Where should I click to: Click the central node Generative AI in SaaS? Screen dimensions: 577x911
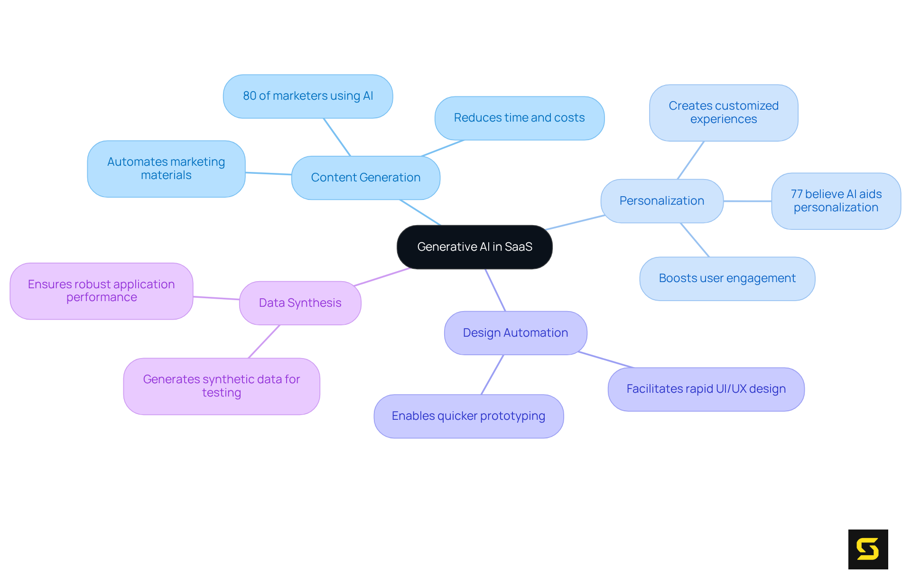[474, 247]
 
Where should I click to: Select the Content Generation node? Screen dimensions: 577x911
[365, 178]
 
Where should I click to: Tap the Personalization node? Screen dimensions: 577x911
[661, 201]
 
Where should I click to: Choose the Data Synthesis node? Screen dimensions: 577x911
[300, 303]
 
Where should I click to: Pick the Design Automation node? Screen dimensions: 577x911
[515, 333]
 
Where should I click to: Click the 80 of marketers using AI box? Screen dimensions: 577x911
[308, 96]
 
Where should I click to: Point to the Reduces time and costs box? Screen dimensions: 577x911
[519, 118]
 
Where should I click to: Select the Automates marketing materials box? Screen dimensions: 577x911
[166, 169]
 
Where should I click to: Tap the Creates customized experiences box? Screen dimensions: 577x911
[723, 113]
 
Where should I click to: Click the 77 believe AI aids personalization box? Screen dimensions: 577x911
[836, 201]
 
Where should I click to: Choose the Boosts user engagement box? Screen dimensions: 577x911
[727, 278]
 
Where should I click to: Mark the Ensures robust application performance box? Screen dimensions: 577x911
[101, 291]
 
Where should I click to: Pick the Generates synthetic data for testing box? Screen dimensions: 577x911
[221, 386]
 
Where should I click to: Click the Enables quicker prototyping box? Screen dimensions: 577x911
[468, 416]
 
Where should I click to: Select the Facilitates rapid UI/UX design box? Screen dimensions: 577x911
[706, 389]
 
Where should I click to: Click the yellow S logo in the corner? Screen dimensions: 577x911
[868, 549]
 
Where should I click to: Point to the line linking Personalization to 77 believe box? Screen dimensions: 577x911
[747, 201]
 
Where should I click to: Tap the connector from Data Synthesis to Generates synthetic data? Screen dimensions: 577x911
[264, 342]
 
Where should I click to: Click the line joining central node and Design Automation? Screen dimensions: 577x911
[495, 290]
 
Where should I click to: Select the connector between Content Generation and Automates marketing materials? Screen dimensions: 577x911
[268, 173]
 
